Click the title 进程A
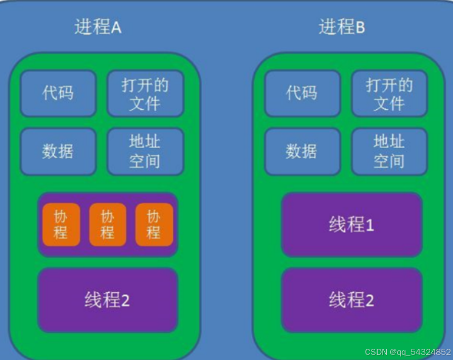(98, 27)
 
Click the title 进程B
(341, 27)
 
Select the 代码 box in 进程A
(58, 94)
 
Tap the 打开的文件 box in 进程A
(145, 94)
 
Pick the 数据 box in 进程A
(58, 151)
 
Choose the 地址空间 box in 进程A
(145, 151)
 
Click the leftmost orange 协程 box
(61, 224)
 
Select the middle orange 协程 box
(107, 224)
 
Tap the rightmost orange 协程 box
(154, 224)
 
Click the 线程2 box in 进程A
(107, 300)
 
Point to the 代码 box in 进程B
(302, 94)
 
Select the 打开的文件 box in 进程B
(389, 94)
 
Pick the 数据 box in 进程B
(302, 151)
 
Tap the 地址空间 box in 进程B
(389, 151)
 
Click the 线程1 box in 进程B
(351, 224)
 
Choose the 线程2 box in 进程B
(351, 300)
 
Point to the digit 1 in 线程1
(370, 226)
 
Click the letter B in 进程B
(360, 27)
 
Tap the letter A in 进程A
(116, 27)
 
